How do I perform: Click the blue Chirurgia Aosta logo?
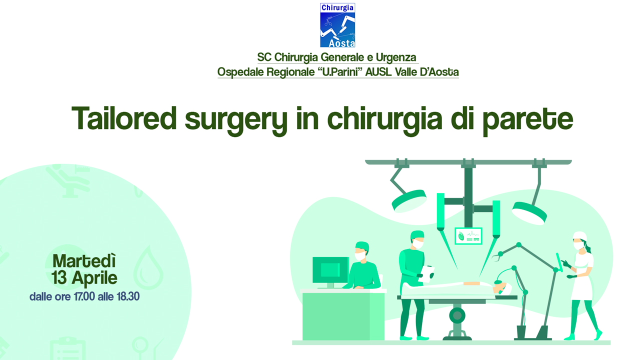pyautogui.click(x=337, y=25)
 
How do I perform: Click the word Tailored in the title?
pyautogui.click(x=124, y=118)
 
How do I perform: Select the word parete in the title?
pyautogui.click(x=527, y=120)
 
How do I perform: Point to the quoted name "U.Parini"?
pyautogui.click(x=340, y=71)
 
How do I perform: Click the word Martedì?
pyautogui.click(x=84, y=260)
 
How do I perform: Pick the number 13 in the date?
pyautogui.click(x=59, y=277)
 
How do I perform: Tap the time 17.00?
pyautogui.click(x=84, y=296)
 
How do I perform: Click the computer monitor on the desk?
pyautogui.click(x=330, y=270)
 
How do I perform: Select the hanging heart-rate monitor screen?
pyautogui.click(x=468, y=236)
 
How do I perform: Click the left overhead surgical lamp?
pyautogui.click(x=408, y=200)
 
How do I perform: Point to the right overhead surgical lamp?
pyautogui.click(x=529, y=212)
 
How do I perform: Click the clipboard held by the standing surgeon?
pyautogui.click(x=428, y=273)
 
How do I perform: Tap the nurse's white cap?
pyautogui.click(x=579, y=236)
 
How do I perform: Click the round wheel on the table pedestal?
pyautogui.click(x=457, y=315)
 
